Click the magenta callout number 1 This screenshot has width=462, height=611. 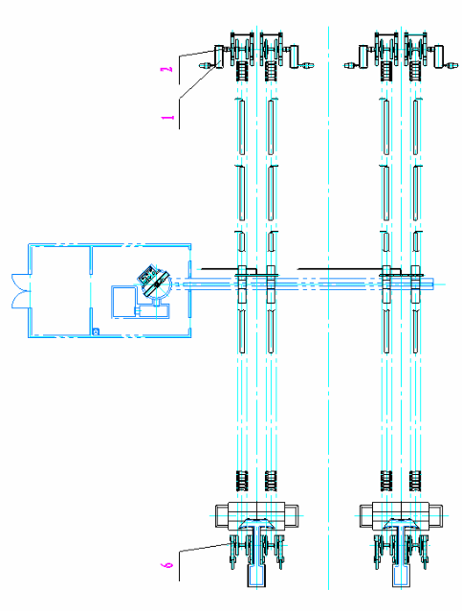coord(167,117)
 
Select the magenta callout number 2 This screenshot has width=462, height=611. coord(167,70)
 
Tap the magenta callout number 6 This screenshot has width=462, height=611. coord(167,565)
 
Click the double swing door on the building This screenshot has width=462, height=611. coord(21,291)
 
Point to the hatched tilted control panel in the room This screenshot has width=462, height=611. coord(148,276)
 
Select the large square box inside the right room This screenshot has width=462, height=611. coord(123,302)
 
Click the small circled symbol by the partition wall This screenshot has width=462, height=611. coord(96,331)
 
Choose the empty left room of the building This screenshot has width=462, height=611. coord(60,291)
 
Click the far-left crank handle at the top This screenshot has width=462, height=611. coord(208,65)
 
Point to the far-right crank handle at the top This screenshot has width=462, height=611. coord(451,65)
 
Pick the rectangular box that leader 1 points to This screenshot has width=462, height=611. coord(219,57)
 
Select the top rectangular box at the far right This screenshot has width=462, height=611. coord(439,57)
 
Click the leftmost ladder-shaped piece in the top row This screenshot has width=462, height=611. coord(243,71)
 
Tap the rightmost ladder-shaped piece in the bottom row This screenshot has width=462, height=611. coord(415,481)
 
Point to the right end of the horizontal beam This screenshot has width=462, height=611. coord(433,284)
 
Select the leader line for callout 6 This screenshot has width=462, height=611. coord(203,548)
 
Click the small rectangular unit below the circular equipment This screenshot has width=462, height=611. coord(152,311)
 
